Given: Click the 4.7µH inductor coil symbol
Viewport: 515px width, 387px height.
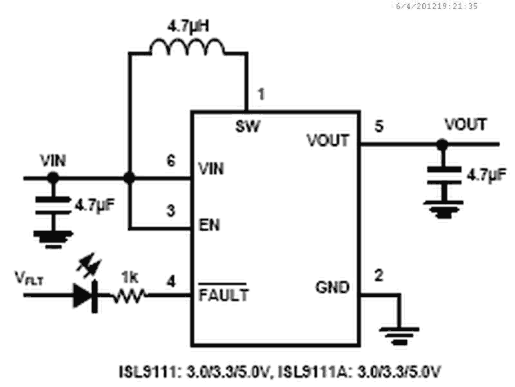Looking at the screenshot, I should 187,47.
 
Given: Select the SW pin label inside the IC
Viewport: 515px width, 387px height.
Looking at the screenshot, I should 247,127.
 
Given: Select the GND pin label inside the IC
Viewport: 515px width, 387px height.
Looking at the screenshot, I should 333,287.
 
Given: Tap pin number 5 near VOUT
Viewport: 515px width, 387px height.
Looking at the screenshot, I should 379,127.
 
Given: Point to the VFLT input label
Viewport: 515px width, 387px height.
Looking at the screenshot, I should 30,281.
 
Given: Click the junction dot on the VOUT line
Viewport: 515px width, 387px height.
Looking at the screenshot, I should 442,144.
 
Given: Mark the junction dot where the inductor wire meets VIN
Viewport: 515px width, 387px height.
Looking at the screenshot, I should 130,178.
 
